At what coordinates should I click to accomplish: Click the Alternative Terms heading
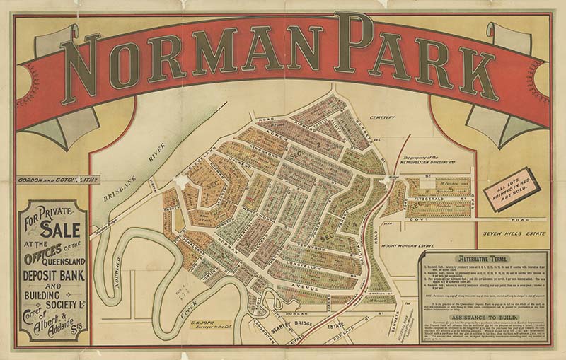click(x=480, y=258)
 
